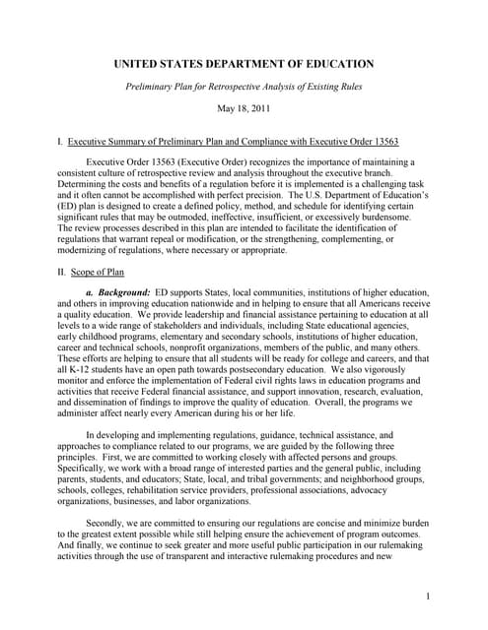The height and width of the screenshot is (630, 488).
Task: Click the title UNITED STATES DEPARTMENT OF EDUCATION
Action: (244, 64)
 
